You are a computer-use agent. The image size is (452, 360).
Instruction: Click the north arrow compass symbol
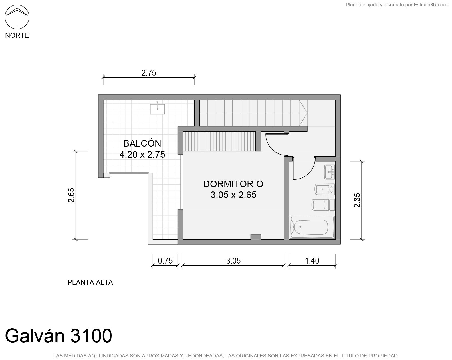[17, 17]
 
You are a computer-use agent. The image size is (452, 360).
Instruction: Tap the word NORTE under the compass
[17, 35]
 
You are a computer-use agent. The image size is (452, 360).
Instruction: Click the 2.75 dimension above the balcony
[149, 73]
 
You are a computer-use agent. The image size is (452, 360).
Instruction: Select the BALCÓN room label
[142, 143]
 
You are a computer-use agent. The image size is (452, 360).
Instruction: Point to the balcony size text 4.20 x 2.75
[142, 155]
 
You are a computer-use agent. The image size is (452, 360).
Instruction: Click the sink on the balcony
[157, 108]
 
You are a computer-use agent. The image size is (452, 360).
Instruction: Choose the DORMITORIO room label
[233, 184]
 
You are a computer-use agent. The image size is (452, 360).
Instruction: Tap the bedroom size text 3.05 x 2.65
[233, 195]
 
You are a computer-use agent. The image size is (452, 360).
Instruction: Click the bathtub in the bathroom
[312, 228]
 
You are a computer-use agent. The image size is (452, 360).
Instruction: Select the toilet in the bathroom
[323, 205]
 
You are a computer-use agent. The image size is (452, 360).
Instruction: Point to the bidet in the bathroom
[325, 189]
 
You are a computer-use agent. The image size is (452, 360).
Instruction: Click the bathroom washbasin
[330, 172]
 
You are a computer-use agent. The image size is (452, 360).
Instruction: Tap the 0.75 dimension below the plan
[165, 261]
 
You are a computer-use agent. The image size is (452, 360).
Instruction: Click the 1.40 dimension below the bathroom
[312, 261]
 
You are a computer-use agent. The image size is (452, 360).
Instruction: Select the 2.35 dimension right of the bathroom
[357, 201]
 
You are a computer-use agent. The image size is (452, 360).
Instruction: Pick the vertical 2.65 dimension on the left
[71, 195]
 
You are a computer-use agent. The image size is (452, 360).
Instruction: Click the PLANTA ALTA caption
[90, 282]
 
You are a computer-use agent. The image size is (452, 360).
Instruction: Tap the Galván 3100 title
[59, 336]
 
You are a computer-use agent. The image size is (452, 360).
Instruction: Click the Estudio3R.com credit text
[430, 5]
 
